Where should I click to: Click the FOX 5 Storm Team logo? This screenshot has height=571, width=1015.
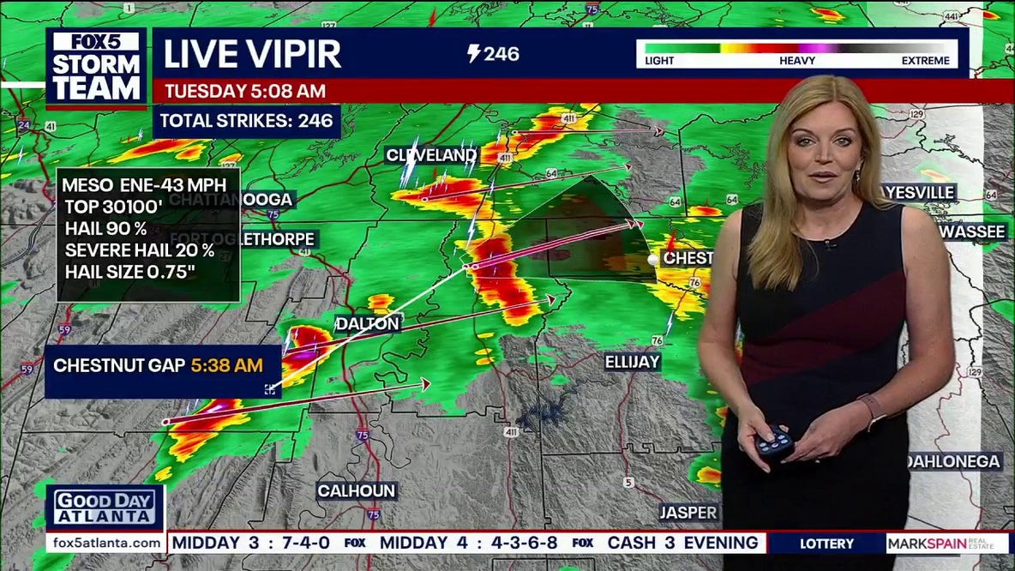click(96, 68)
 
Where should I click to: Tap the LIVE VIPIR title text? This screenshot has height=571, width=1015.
click(252, 54)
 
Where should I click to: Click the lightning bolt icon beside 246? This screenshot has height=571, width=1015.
click(473, 54)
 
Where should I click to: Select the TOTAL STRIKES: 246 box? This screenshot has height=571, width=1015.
click(247, 121)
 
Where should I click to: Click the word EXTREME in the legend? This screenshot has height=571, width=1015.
click(925, 61)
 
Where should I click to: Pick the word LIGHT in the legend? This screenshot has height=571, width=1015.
click(658, 61)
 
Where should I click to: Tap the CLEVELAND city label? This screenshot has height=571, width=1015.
click(431, 155)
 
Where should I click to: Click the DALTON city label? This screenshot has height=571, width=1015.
click(368, 323)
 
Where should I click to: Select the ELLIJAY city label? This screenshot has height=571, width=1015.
click(633, 362)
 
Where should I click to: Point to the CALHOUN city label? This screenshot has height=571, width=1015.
click(357, 491)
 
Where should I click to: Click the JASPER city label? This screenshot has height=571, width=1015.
click(688, 513)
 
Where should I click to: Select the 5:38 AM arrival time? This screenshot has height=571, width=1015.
click(226, 365)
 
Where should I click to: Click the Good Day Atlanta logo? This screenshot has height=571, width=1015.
click(105, 508)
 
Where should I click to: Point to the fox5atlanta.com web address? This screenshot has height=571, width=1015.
click(106, 544)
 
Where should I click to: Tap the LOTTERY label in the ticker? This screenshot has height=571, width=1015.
click(826, 544)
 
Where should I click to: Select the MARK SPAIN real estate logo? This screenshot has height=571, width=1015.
click(946, 544)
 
